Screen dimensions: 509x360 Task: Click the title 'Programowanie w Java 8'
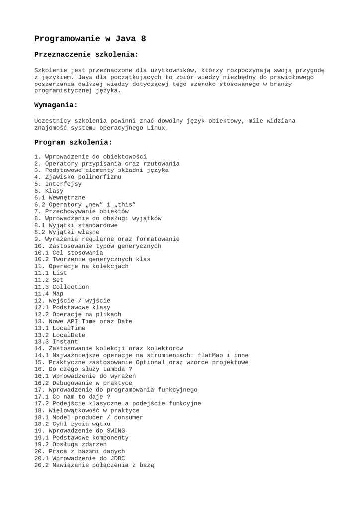(x=90, y=39)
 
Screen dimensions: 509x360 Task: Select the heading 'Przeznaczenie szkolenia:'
(x=86, y=54)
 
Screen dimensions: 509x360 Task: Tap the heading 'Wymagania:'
(x=56, y=105)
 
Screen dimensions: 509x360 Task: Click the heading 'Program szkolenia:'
(x=74, y=142)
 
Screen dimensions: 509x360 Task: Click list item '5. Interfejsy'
(x=58, y=184)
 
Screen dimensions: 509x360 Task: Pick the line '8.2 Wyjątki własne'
(x=67, y=232)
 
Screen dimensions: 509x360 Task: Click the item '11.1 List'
(x=50, y=273)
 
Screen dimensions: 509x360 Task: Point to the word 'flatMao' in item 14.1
(x=210, y=356)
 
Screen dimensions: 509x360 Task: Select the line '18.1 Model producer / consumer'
(x=89, y=418)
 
